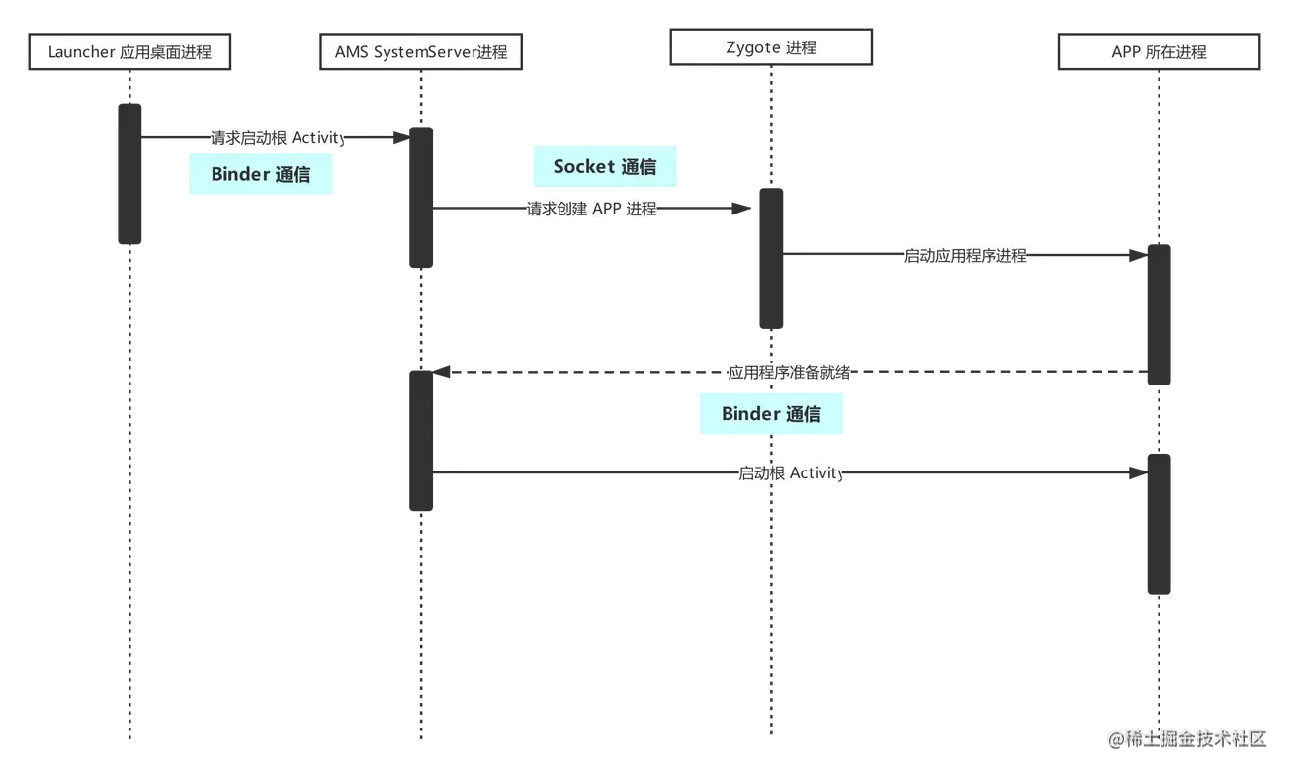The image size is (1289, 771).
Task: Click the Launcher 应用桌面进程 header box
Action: coord(129,52)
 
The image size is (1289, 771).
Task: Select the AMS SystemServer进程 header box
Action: coord(421,52)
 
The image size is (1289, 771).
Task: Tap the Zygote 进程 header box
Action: coord(771,47)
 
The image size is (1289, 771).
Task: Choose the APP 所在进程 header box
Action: coord(1159,52)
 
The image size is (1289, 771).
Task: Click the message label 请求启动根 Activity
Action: coord(277,138)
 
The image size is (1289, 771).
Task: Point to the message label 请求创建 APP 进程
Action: coord(591,209)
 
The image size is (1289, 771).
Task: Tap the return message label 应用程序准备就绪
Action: coord(789,374)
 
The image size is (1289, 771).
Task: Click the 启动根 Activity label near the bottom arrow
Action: coord(791,473)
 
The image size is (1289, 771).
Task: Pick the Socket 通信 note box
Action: coord(605,167)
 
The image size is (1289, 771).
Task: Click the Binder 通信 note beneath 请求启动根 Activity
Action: coord(261,175)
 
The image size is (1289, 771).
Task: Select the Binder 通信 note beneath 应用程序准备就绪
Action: coord(771,414)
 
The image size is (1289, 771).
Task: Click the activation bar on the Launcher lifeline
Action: coord(129,173)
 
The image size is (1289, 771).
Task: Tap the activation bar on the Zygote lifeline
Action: coord(771,258)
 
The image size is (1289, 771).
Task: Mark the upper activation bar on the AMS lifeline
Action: coord(421,197)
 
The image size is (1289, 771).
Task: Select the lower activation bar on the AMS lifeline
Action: coord(421,441)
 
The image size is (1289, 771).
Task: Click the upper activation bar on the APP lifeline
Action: coord(1159,314)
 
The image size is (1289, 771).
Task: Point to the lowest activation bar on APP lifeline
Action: coord(1159,524)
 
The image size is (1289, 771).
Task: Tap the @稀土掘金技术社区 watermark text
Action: coord(1186,738)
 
